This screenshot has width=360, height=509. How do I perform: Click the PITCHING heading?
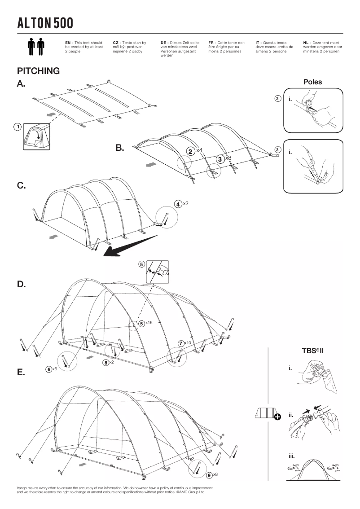(38, 71)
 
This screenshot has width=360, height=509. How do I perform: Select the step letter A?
(21, 83)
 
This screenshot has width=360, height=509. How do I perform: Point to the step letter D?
(21, 284)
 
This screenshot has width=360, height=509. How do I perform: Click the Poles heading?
(312, 82)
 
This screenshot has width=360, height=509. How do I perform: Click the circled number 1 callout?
(18, 127)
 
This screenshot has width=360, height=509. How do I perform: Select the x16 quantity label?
(149, 323)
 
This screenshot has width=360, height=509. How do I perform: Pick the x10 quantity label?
(188, 343)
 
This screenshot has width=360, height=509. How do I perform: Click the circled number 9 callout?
(209, 475)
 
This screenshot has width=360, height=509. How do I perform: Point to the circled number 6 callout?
(48, 369)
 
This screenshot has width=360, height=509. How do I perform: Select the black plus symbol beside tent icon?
(277, 417)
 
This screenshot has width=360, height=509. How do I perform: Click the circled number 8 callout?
(105, 363)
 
